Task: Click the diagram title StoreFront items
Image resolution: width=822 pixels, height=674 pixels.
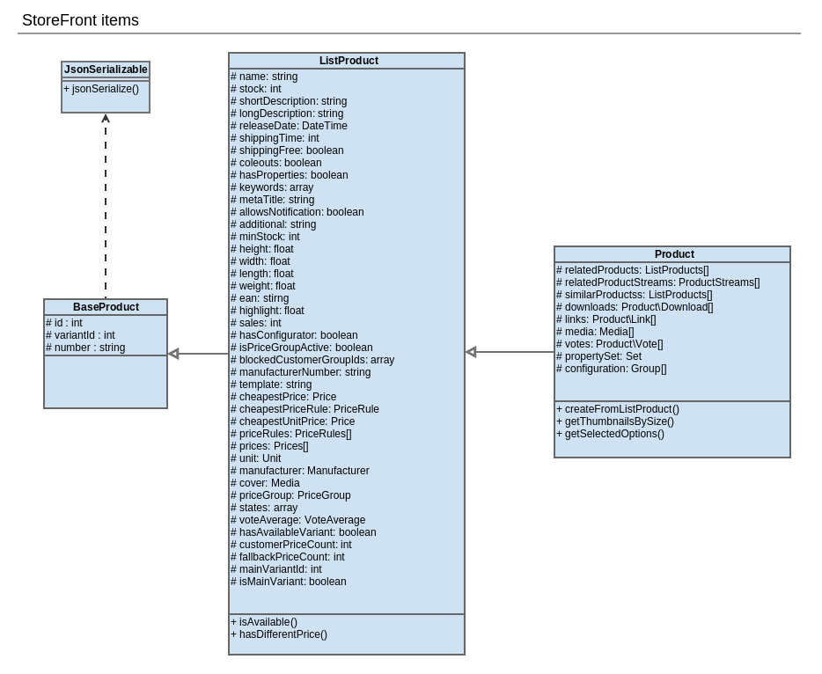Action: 80,20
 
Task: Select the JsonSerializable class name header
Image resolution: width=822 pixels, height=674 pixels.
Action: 106,70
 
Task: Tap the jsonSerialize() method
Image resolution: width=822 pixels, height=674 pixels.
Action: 101,89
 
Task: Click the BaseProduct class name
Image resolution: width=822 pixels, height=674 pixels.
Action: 106,307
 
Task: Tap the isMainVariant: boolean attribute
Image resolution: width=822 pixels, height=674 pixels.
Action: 288,582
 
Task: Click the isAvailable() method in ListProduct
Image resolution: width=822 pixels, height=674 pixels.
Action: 264,622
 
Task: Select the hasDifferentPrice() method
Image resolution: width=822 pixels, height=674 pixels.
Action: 278,634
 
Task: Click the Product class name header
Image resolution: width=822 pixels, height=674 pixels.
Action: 674,254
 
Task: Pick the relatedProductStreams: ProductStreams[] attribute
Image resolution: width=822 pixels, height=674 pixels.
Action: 657,282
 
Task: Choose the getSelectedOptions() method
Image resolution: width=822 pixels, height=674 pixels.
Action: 610,434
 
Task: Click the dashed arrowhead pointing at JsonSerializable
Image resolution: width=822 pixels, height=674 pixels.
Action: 106,118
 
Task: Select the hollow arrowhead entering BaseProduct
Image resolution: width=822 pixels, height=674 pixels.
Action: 173,354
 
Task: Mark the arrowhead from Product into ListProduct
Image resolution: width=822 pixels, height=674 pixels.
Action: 471,352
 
